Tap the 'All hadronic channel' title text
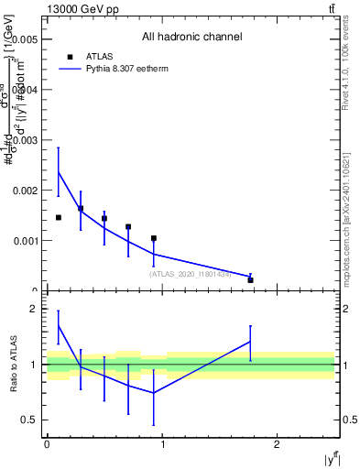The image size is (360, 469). (x=191, y=38)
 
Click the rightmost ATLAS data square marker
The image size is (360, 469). (x=250, y=279)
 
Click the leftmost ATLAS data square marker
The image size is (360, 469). (x=59, y=217)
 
